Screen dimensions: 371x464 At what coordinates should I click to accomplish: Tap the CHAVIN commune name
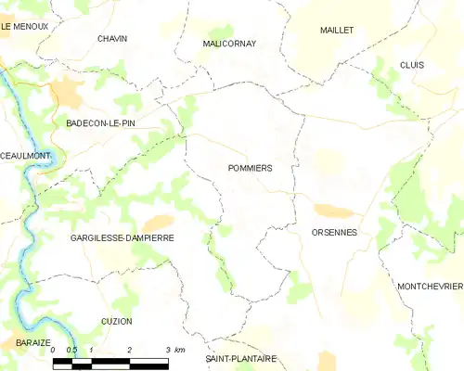[112, 38]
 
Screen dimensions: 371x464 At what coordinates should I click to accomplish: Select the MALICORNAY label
[229, 44]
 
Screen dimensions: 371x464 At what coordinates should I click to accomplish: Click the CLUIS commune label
[411, 65]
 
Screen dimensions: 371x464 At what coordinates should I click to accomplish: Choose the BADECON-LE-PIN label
[100, 122]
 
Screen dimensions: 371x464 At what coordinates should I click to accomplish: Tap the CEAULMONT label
[23, 156]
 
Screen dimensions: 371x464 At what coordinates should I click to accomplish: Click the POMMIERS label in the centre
[249, 168]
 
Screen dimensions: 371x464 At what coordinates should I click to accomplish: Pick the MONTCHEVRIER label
[429, 287]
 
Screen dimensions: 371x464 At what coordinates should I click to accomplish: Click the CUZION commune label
[117, 321]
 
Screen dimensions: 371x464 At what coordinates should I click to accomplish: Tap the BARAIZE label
[19, 342]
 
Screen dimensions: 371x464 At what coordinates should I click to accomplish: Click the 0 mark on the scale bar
[54, 350]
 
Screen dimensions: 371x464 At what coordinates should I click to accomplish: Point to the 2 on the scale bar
[129, 350]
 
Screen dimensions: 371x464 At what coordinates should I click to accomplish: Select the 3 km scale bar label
[172, 350]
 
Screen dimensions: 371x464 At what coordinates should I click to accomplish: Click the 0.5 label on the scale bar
[71, 350]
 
